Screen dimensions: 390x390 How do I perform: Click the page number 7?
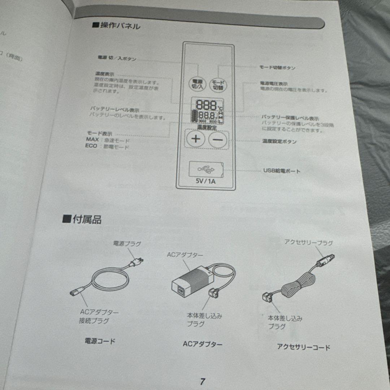click(203, 381)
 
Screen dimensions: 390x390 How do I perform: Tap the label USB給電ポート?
click(282, 171)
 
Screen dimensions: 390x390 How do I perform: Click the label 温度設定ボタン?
click(279, 142)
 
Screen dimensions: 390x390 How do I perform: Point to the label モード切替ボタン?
click(278, 68)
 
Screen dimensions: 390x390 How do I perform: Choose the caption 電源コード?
click(100, 341)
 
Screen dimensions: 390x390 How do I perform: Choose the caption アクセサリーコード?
click(303, 347)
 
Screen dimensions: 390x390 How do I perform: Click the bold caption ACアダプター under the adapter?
click(203, 344)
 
